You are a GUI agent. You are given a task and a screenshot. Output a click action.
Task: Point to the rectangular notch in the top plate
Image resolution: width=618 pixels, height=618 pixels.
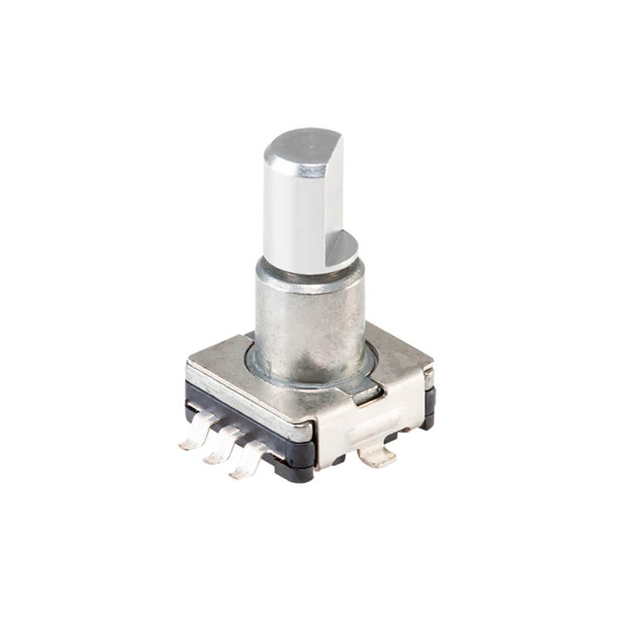click(x=367, y=397)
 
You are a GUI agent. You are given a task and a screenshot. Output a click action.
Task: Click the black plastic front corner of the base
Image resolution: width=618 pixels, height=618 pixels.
click(x=297, y=463)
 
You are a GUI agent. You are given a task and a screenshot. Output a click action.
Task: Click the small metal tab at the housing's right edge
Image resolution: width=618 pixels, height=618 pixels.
click(x=428, y=379)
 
